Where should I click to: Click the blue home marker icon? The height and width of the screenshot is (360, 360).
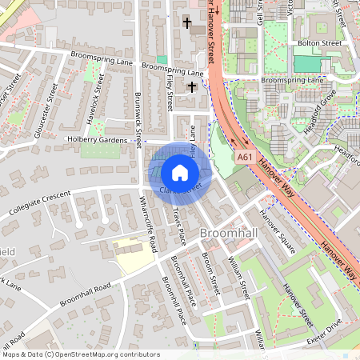click(180, 172)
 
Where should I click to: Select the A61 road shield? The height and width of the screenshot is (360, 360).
click(246, 158)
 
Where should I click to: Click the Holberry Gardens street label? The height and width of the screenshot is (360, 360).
click(97, 140)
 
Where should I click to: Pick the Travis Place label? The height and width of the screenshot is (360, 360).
click(178, 226)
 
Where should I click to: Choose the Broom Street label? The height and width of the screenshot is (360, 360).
click(210, 272)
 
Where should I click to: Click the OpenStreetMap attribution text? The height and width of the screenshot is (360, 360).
click(80, 354)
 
